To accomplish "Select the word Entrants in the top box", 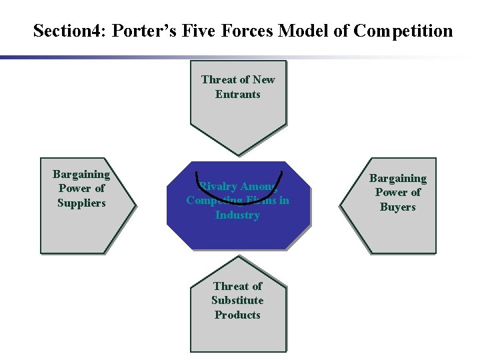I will pyautogui.click(x=238, y=94).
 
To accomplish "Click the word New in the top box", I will pyautogui.click(x=263, y=79).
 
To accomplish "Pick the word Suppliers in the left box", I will pyautogui.click(x=81, y=203).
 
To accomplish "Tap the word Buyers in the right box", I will pyautogui.click(x=398, y=207).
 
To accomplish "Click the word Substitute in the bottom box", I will pyautogui.click(x=237, y=300).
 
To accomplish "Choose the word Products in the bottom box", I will pyautogui.click(x=237, y=315).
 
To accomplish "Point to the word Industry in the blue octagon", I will pyautogui.click(x=237, y=215).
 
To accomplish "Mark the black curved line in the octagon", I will pyautogui.click(x=238, y=198).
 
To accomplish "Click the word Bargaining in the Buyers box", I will pyautogui.click(x=398, y=178).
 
